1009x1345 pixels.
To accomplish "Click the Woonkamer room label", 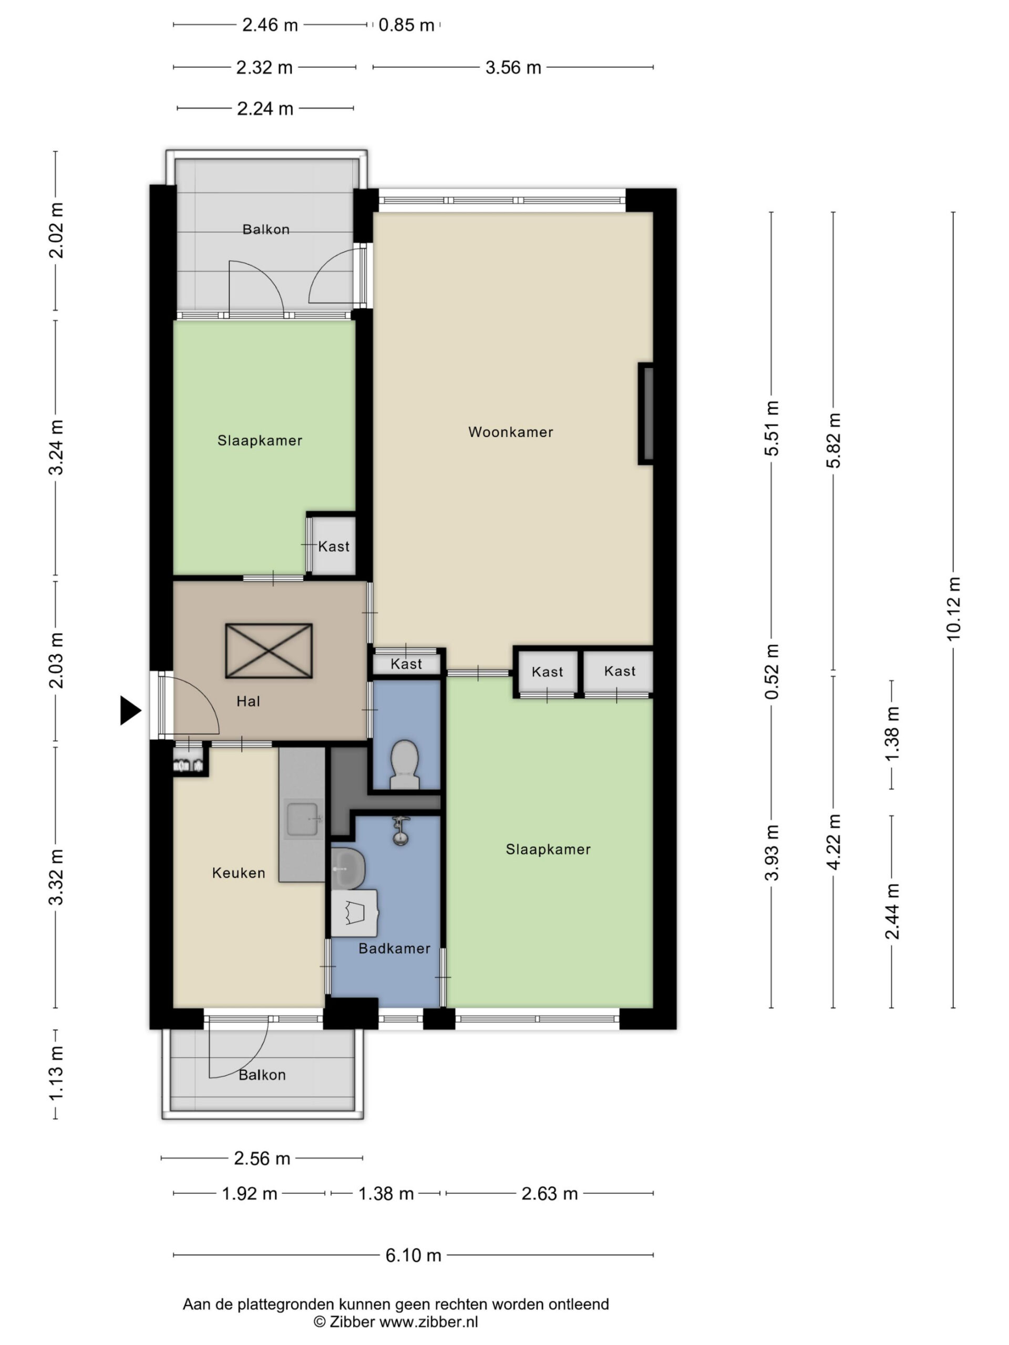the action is coord(510,432).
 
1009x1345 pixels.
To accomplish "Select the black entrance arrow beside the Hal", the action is coord(130,710).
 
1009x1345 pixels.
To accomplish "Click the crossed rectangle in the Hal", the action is coord(269,650).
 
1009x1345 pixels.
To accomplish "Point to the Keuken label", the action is coord(239,873).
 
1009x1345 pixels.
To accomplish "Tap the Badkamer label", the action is coord(394,948).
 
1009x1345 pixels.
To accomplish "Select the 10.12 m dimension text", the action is coord(953,608).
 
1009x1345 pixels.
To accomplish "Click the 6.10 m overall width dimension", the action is coord(414,1255).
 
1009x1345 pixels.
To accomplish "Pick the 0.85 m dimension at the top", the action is coord(406,25).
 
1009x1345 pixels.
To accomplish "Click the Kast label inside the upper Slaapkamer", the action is coord(334,546).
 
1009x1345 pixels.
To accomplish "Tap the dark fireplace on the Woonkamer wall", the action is coord(646,414).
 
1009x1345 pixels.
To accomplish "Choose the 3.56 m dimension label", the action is coord(513,67).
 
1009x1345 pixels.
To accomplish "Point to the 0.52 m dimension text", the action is coord(772,671).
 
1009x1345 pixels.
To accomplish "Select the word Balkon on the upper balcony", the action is coord(266,229).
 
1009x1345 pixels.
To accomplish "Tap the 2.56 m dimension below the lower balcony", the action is coord(262,1158).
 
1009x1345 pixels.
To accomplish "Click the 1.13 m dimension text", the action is coord(56,1074).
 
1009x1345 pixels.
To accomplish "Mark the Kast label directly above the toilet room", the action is coord(406,664).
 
